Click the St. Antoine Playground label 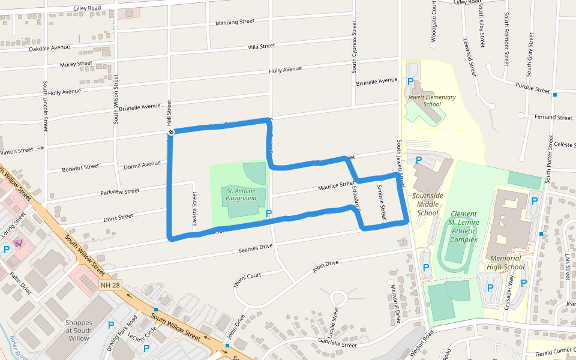(241, 194)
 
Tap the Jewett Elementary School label (432, 100)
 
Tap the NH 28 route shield (109, 284)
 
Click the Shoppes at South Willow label (78, 330)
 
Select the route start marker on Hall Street (171, 132)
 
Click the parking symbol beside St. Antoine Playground (269, 213)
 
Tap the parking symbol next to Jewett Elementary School (410, 81)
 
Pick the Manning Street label (235, 23)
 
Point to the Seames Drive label (256, 247)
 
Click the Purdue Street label (533, 89)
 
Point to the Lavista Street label (194, 209)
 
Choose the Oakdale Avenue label (49, 48)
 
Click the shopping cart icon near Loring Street (18, 243)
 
